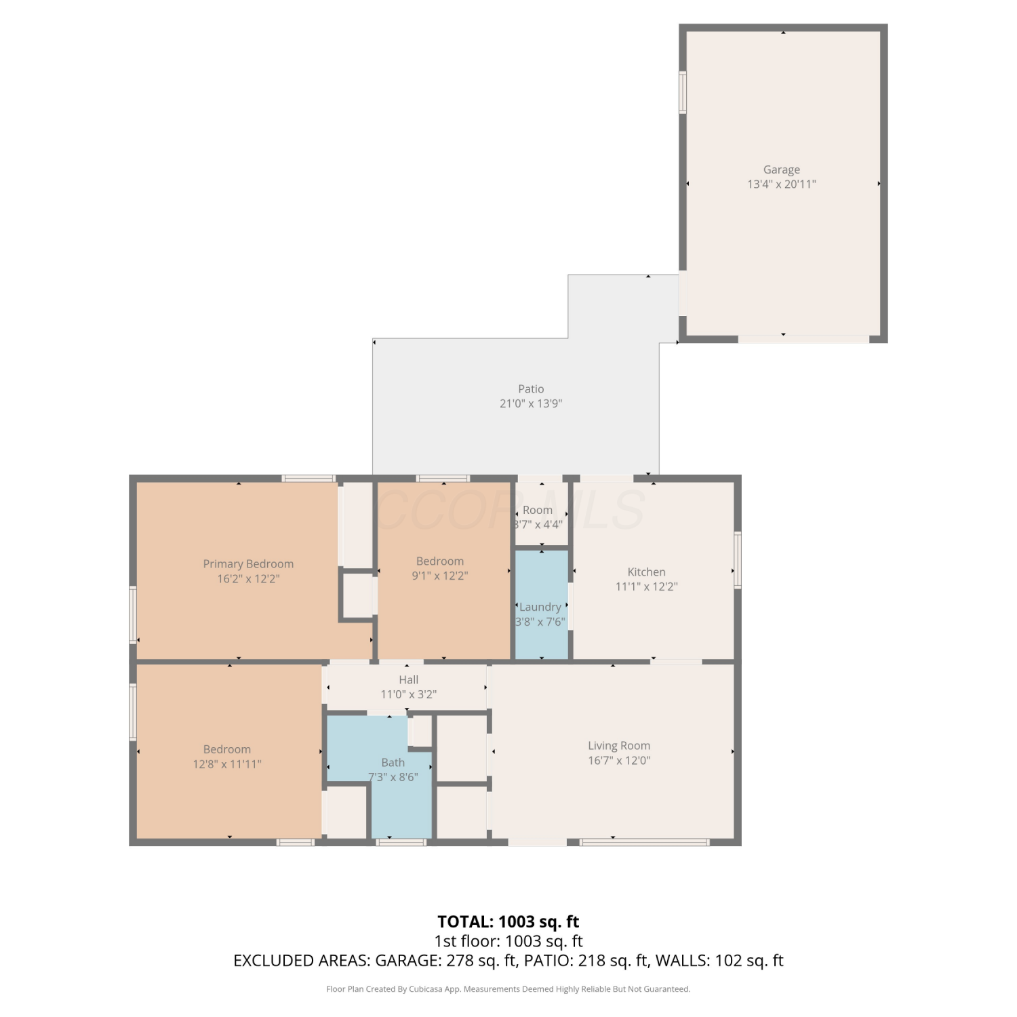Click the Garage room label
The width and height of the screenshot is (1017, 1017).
pyautogui.click(x=782, y=169)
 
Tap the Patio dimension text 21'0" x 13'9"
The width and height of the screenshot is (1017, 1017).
pyautogui.click(x=531, y=403)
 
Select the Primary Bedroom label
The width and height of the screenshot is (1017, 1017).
pyautogui.click(x=248, y=564)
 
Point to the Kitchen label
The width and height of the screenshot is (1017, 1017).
pyautogui.click(x=646, y=572)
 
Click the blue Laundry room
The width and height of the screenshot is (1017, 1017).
pyautogui.click(x=542, y=604)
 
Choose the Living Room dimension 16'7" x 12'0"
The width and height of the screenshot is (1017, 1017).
pyautogui.click(x=619, y=761)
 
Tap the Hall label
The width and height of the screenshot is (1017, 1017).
pyautogui.click(x=408, y=679)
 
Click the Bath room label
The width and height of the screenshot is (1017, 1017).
pyautogui.click(x=393, y=763)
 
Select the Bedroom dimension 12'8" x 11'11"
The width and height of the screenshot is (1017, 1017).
pyautogui.click(x=227, y=764)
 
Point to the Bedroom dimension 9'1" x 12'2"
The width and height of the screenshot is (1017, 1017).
pyautogui.click(x=440, y=576)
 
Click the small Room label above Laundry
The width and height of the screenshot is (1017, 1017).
pyautogui.click(x=538, y=510)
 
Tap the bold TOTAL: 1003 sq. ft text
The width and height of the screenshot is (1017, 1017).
pyautogui.click(x=509, y=922)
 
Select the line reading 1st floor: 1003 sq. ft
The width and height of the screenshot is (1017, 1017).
pyautogui.click(x=509, y=941)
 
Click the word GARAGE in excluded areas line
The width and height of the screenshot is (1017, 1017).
pyautogui.click(x=407, y=961)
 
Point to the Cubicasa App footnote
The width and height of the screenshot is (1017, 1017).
pyautogui.click(x=509, y=989)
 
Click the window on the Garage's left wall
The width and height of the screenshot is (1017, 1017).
pyautogui.click(x=683, y=92)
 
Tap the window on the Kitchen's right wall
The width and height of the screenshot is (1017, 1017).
pyautogui.click(x=738, y=559)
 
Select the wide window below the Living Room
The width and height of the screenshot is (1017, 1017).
pyautogui.click(x=644, y=842)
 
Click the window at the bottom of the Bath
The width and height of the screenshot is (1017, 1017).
pyautogui.click(x=401, y=842)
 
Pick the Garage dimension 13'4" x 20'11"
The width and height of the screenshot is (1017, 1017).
pyautogui.click(x=782, y=184)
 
